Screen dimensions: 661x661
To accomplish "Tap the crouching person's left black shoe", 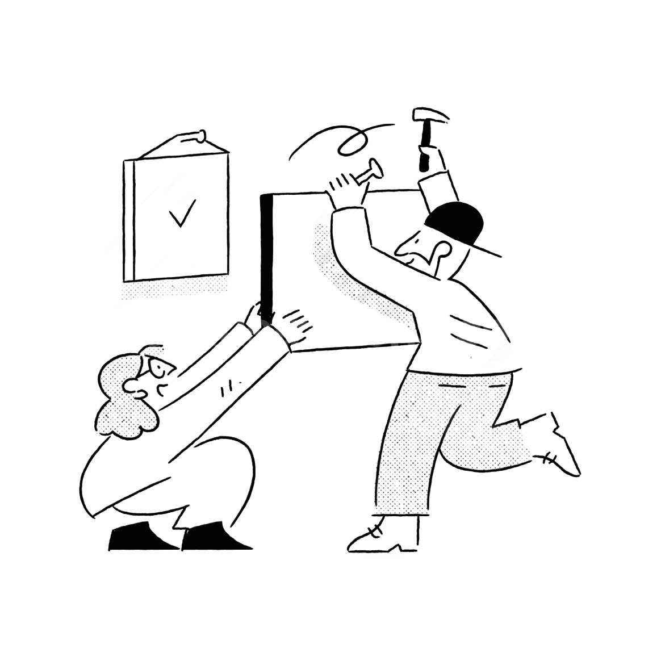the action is pos(136,537).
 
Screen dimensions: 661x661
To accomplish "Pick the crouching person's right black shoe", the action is pos(213,537).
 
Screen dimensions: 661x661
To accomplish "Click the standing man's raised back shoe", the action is pos(562,449).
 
